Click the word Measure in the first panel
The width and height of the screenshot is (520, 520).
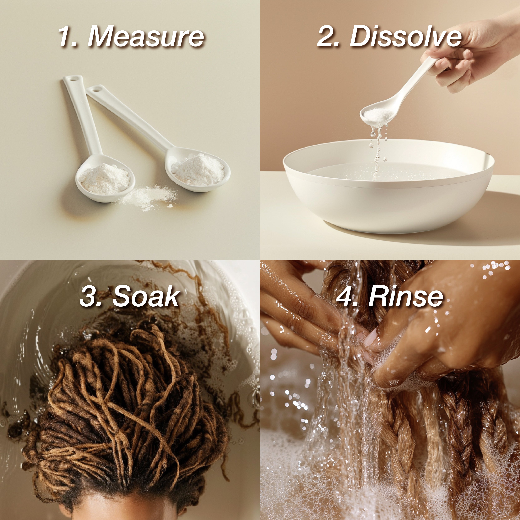coord(146,37)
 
